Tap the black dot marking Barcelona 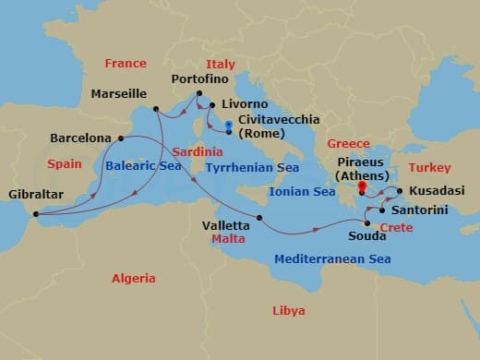[x=121, y=138]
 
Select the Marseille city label [x=121, y=93]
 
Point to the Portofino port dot [x=198, y=93]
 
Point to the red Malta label [x=228, y=238]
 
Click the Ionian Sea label [x=303, y=191]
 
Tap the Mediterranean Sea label [x=332, y=258]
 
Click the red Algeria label [x=134, y=278]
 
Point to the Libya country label [x=289, y=311]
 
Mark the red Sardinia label [x=198, y=150]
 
